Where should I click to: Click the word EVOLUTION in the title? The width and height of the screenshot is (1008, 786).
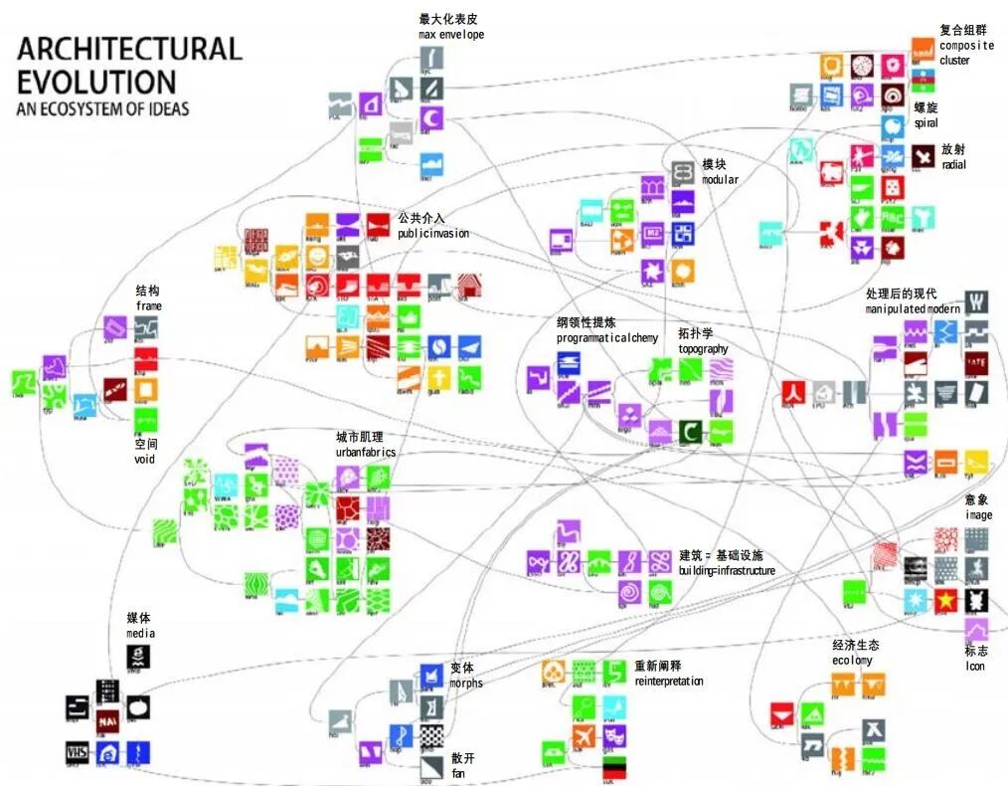point(96,81)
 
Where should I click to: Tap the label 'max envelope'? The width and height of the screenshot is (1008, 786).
point(451,35)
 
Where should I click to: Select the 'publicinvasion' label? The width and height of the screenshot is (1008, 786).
point(433,234)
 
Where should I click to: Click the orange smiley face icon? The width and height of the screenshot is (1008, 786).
point(316,257)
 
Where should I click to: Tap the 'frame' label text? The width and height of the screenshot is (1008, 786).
point(148,306)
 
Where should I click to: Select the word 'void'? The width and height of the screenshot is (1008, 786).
point(145,460)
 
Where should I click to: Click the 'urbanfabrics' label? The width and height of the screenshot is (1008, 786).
point(365,452)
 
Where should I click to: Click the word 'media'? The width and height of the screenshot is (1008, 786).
point(140,633)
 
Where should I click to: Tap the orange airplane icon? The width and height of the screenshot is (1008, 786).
point(583,736)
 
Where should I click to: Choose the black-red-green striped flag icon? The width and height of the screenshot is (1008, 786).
point(614,767)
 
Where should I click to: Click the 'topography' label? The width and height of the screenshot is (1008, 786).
point(703,349)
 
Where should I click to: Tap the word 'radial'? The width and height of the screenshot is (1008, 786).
point(953,164)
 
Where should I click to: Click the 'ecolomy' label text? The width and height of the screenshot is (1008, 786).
point(852,661)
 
